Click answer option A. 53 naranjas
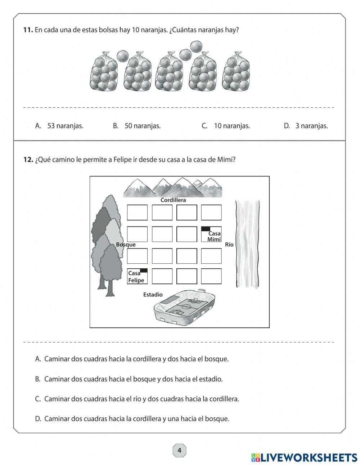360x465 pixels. (59, 126)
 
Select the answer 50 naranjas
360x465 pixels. (137, 126)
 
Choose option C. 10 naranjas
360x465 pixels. (226, 126)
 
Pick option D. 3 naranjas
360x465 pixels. (306, 126)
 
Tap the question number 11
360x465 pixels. (28, 30)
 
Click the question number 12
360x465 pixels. (28, 160)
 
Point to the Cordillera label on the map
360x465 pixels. (173, 200)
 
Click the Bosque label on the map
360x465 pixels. (126, 245)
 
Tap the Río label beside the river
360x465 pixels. (229, 245)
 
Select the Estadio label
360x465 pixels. (153, 295)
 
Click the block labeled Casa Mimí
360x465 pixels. (211, 234)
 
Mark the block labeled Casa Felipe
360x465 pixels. (137, 276)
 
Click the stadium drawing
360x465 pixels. (184, 307)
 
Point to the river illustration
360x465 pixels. (247, 244)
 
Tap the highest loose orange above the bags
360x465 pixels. (196, 46)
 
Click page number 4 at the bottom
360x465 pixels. (180, 450)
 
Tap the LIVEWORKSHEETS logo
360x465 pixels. (304, 457)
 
